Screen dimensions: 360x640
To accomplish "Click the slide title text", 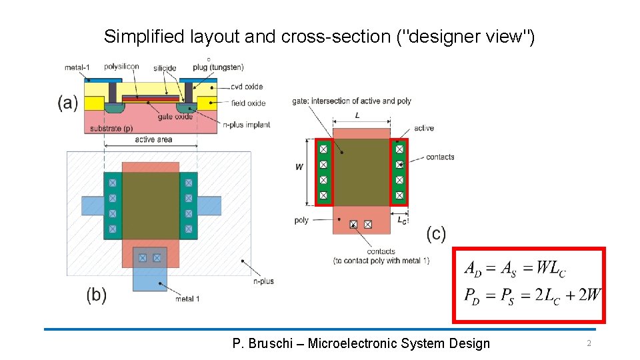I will pos(319,37).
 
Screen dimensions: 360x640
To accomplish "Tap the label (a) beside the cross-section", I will pos(67,103).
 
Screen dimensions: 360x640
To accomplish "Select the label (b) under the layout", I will pos(96,295).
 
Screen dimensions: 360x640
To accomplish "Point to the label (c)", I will pos(435,233).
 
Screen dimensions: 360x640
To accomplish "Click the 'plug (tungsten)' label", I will pos(218,67).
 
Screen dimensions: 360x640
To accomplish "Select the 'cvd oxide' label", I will pos(247,87).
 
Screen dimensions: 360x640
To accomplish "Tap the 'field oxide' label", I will pos(247,103).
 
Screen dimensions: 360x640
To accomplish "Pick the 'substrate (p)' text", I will pos(111,128).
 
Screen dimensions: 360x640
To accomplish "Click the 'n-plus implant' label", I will pos(247,125).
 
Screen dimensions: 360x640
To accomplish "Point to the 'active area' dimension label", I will pos(153,139).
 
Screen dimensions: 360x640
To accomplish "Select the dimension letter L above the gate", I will pos(358,116).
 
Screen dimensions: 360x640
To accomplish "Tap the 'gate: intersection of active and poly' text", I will pos(351,101).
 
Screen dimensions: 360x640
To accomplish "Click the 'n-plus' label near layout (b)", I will pos(263,281).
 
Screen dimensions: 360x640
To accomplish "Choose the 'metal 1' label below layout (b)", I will pos(187,299).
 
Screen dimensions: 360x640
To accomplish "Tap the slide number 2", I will pos(589,343).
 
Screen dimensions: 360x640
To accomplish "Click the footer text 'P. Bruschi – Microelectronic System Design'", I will pos(361,343).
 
